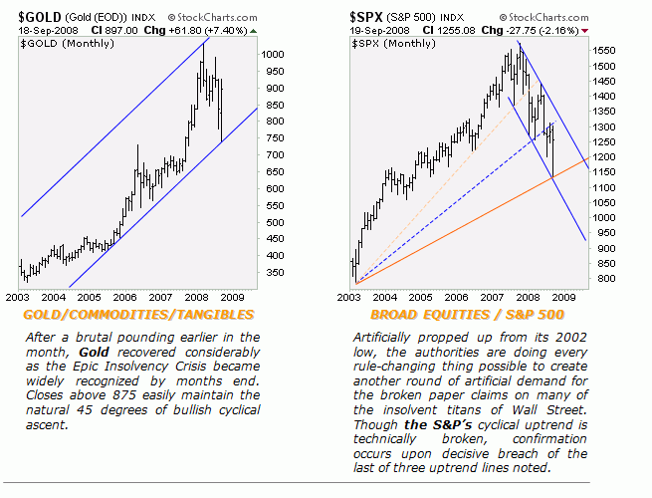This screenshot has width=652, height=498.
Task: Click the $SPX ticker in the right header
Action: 368,17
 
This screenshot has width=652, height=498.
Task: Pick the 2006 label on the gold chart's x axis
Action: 124,297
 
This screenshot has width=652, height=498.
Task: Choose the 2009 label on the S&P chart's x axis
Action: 564,297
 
